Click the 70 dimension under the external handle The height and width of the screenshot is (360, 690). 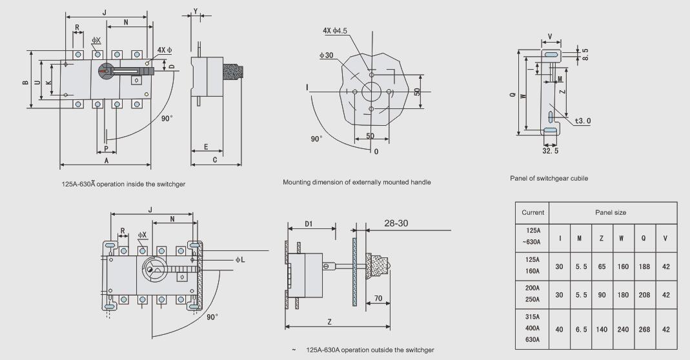[378, 298]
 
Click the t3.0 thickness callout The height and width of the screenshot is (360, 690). [582, 121]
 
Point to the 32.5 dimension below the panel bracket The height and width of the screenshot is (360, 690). [550, 150]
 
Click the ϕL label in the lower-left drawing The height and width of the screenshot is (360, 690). [241, 259]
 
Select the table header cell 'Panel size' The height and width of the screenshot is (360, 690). [610, 212]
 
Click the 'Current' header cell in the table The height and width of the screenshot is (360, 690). [533, 212]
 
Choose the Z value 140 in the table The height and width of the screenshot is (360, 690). [601, 329]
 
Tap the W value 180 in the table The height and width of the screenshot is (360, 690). [621, 294]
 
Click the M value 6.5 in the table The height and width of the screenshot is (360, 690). [580, 329]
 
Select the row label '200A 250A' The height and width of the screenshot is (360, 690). [533, 294]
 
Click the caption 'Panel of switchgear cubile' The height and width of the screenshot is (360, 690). [549, 178]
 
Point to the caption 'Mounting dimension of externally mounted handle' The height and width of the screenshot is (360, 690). [357, 182]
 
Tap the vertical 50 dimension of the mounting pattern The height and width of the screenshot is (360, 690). [418, 92]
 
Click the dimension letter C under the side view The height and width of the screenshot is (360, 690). [214, 159]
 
